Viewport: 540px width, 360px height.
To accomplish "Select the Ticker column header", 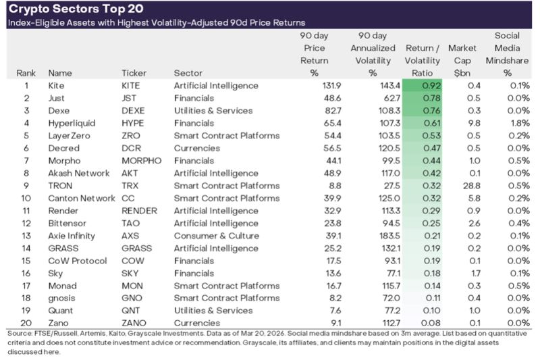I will pyautogui.click(x=134, y=73).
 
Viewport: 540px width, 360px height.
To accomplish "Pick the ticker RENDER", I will pyautogui.click(x=140, y=211).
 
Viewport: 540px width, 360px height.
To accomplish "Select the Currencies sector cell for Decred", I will pyautogui.click(x=196, y=149).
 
